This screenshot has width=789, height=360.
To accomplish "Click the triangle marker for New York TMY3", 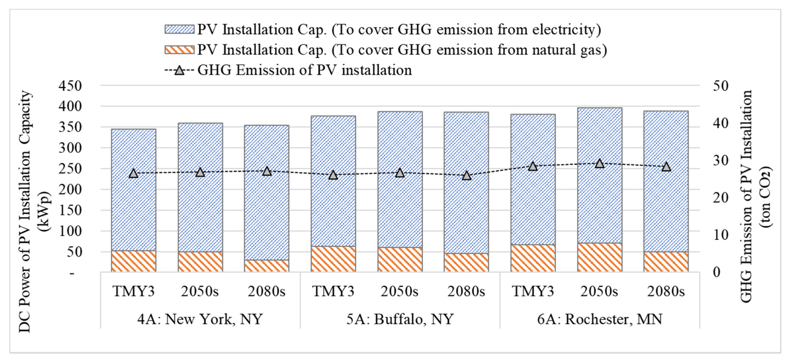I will (133, 173).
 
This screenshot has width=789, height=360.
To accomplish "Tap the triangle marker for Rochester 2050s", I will (600, 164).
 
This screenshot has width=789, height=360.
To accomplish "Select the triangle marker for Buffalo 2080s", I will (466, 176).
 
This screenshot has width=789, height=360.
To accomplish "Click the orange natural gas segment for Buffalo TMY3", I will (333, 259).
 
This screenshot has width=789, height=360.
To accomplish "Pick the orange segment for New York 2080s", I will (267, 266).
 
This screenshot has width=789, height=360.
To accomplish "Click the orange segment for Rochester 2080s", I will (666, 262).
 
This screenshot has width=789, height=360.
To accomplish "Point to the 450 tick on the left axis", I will (70, 86).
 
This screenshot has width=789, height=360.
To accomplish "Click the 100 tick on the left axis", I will (70, 231).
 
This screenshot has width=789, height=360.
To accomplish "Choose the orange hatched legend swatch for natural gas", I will (180, 50).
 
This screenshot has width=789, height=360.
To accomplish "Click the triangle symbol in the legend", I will (180, 70).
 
